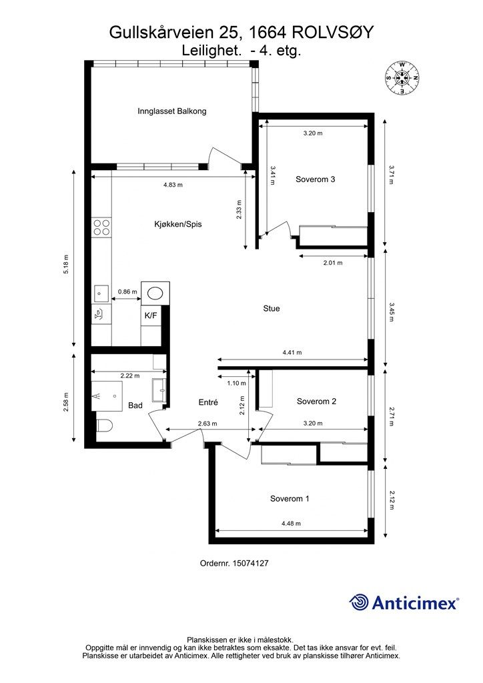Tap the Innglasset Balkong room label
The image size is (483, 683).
[x=172, y=111]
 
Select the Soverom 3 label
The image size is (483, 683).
[x=316, y=179]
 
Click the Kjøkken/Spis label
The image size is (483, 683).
[x=178, y=224]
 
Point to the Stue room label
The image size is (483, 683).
[x=272, y=308]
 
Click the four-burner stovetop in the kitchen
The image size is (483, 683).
[x=101, y=227]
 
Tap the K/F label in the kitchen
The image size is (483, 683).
[x=151, y=315]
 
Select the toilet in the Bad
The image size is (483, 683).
[x=104, y=425]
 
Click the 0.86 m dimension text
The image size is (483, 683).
[x=127, y=292]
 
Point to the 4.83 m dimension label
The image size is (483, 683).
[x=173, y=185]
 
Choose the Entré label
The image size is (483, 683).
[x=208, y=402]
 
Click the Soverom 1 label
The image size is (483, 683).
[x=290, y=499]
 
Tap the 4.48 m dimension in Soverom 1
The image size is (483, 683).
[x=292, y=524]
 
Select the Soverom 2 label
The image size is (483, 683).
[x=317, y=401]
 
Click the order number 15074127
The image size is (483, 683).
[x=250, y=563]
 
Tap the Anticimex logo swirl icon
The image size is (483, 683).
[x=359, y=602]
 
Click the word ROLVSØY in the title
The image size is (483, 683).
[x=332, y=33]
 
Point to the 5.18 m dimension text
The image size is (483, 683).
[x=66, y=264]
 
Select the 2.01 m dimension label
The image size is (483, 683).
[x=333, y=263]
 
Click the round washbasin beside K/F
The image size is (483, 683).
[x=155, y=293]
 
